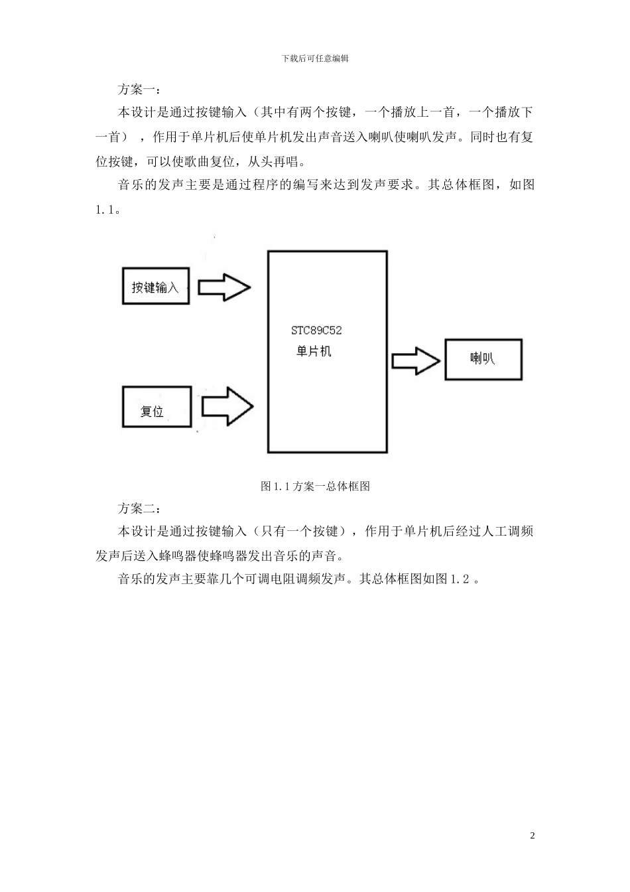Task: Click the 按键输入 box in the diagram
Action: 155,287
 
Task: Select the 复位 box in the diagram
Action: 157,408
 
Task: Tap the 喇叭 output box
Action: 483,359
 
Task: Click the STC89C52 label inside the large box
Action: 316,330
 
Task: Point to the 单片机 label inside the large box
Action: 314,351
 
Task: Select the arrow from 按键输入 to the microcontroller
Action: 225,287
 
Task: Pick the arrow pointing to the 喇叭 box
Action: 416,360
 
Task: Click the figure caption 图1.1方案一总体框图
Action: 315,486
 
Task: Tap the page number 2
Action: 532,835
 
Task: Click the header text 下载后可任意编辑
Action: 315,58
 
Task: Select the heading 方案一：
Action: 138,89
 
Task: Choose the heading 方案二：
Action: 138,508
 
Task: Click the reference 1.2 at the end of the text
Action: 460,579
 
